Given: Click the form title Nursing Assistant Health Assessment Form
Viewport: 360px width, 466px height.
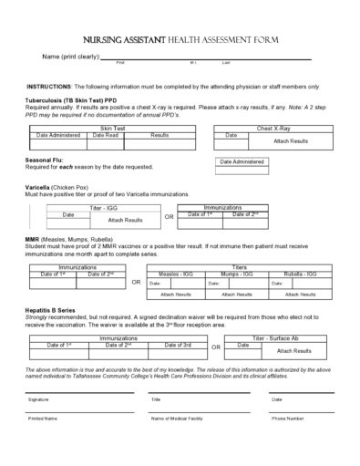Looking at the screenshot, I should (180, 40).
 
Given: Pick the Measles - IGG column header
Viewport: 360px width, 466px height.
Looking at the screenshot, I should (175, 273).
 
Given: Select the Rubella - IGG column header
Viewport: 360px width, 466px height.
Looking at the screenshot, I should (299, 273).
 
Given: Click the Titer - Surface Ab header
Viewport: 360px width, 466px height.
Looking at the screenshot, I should (281, 337).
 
